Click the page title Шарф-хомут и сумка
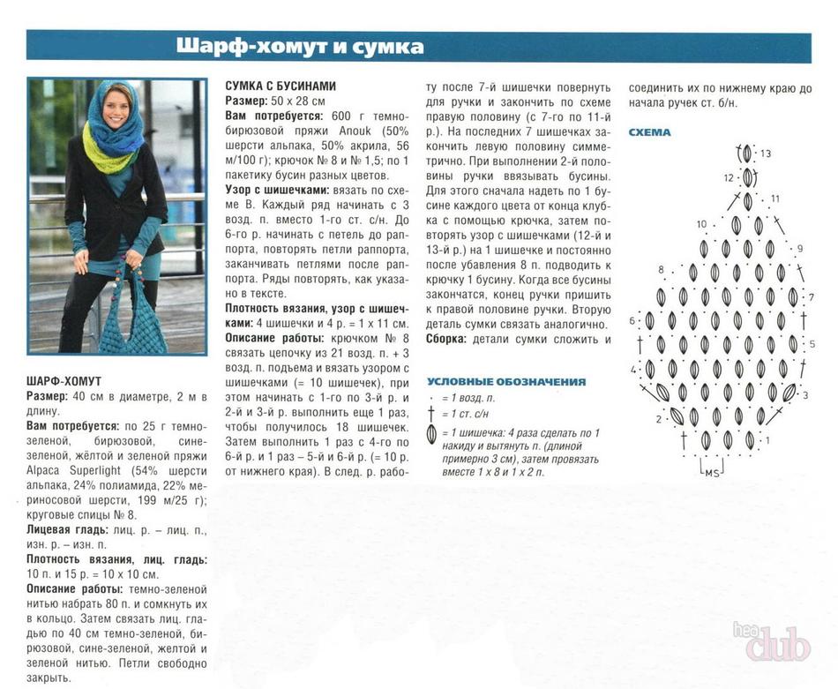pos(299,46)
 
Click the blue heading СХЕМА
pos(649,132)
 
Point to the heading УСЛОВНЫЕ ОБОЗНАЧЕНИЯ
pos(506,382)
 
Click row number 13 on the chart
pos(766,154)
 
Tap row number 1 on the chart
pos(766,439)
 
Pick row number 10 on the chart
pos(701,224)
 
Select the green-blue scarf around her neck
pos(113,141)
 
